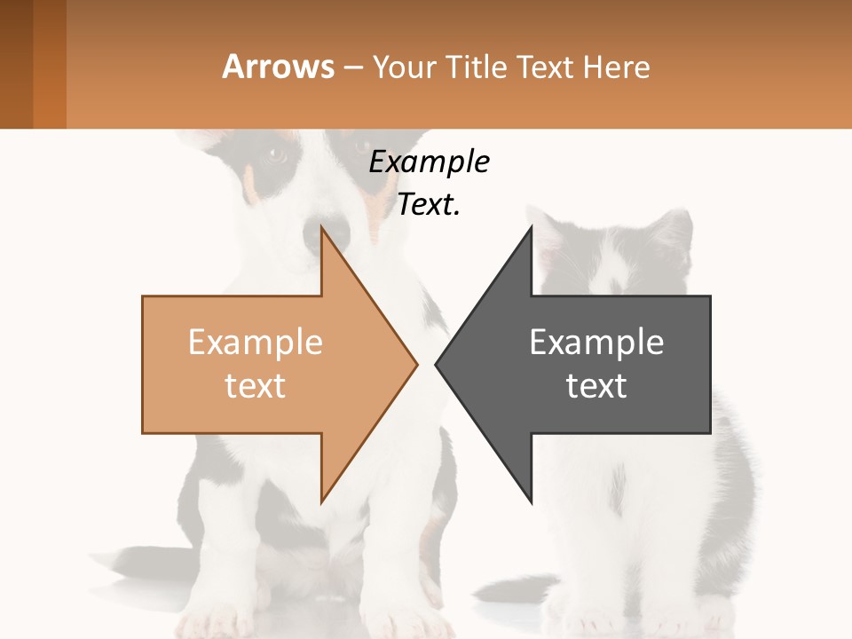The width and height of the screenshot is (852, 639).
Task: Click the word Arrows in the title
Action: pos(278,67)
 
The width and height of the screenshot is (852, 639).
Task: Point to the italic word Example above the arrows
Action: pos(429,162)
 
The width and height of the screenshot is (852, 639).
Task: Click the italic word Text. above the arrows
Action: pos(429,205)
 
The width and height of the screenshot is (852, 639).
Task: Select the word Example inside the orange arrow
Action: pos(256,342)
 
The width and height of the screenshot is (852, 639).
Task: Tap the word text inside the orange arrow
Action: pos(256,385)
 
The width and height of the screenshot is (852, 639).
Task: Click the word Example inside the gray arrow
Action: pos(596,342)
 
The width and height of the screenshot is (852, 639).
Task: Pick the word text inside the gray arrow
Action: pos(596,385)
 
